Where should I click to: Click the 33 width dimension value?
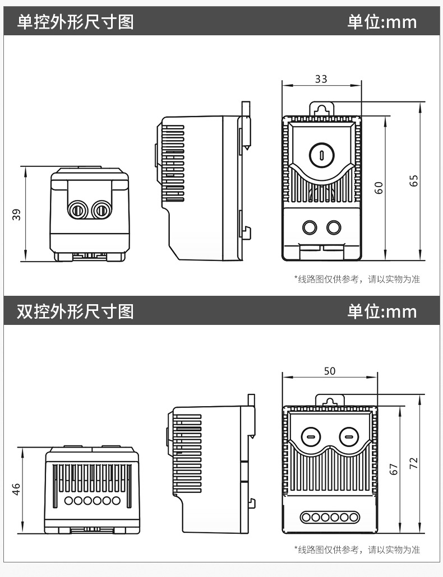[x=321, y=79]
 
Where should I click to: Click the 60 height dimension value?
[x=380, y=188]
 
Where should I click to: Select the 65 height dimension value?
[x=414, y=181]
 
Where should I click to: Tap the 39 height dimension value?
[x=17, y=214]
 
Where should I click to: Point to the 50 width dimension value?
[x=330, y=371]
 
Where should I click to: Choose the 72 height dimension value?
[x=414, y=463]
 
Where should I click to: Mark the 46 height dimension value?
[x=17, y=489]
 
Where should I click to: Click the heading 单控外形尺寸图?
[x=75, y=22]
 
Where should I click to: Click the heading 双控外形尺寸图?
[x=75, y=311]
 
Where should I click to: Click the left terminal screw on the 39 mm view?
[x=77, y=210]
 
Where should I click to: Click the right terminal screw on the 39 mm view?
[x=101, y=210]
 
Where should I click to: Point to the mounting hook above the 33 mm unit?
[x=321, y=108]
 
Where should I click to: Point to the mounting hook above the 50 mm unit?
[x=330, y=400]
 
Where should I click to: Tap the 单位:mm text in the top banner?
[x=382, y=22]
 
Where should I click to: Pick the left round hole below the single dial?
[x=309, y=227]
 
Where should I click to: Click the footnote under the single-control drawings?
[x=357, y=279]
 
